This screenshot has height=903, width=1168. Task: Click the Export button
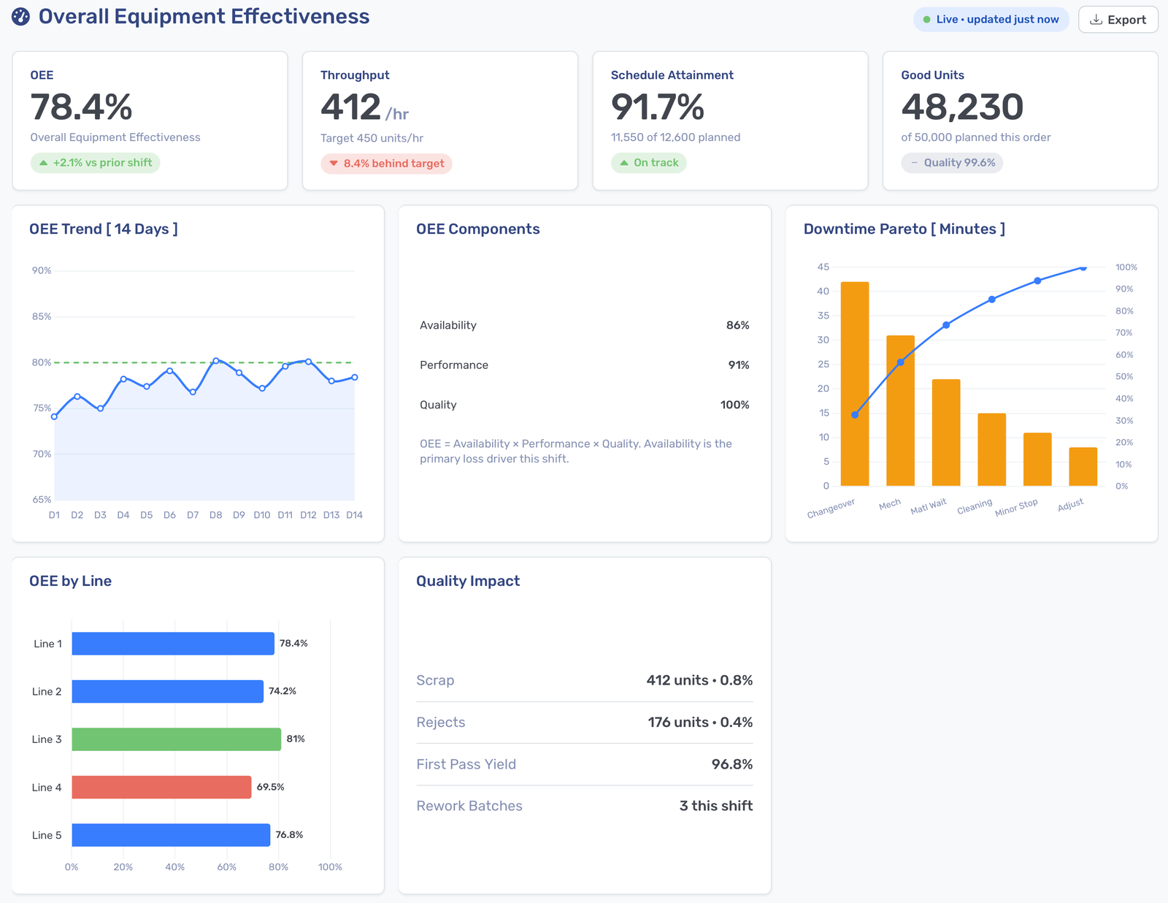coord(1118,20)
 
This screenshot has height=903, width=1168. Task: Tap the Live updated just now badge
coord(991,20)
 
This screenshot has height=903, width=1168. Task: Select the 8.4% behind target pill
coord(386,164)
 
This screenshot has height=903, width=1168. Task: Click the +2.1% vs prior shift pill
coord(95,162)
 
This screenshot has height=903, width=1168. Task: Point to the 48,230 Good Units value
coord(961,107)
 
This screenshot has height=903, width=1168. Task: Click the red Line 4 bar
coord(161,787)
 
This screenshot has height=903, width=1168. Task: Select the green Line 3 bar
coord(177,739)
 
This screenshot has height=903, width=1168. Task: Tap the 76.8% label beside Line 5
coord(289,835)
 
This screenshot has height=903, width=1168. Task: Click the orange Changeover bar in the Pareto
coord(855,384)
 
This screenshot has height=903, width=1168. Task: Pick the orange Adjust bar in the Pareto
coord(1083,466)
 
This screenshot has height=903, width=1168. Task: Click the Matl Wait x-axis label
coord(929,506)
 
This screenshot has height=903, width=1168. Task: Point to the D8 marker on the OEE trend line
coord(215,361)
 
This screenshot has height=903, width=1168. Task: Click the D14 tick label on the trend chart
coord(354,514)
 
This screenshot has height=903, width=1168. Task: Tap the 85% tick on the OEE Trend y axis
coord(42,316)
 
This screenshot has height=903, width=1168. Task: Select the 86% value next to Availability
coord(737,325)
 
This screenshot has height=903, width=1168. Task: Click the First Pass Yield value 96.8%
coord(731,763)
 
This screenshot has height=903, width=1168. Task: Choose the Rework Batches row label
coord(469,806)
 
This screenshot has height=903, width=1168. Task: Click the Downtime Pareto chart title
coord(904,229)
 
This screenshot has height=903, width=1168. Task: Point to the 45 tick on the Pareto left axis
coord(823,267)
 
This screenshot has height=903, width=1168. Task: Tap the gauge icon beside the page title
coord(20,17)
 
